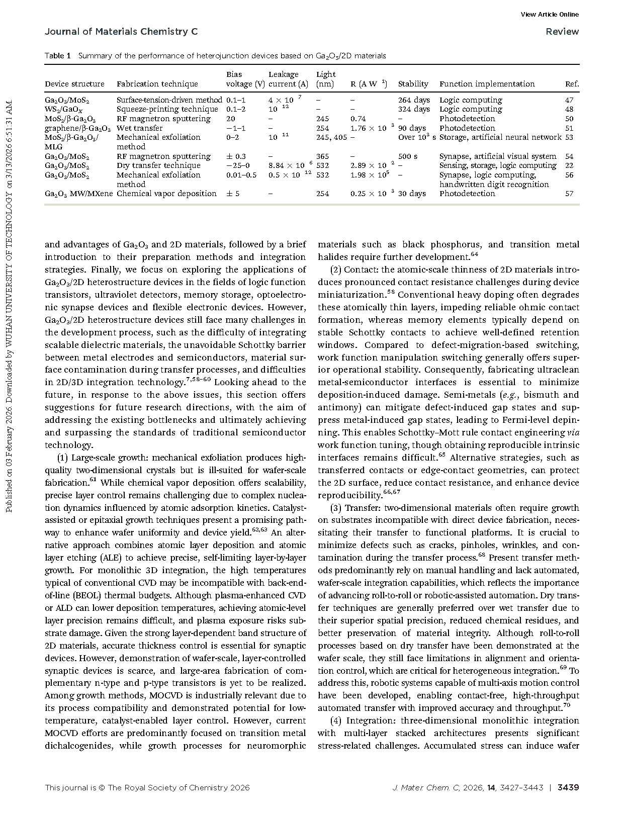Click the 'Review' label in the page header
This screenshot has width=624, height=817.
click(562, 32)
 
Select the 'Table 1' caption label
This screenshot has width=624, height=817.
click(57, 56)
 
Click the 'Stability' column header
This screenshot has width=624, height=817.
click(413, 84)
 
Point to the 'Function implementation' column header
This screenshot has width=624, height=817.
click(487, 84)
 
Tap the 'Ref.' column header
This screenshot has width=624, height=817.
click(572, 84)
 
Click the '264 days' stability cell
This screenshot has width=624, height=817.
click(414, 100)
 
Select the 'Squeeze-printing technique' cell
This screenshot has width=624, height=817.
click(167, 109)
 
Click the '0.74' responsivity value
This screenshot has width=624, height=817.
click(358, 119)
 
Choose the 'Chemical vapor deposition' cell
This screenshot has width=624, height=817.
click(166, 194)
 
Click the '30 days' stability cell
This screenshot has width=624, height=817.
click(412, 194)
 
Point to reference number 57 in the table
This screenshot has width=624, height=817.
click(569, 194)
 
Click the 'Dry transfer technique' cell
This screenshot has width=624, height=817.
click(158, 165)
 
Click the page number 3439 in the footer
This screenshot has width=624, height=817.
click(568, 788)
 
